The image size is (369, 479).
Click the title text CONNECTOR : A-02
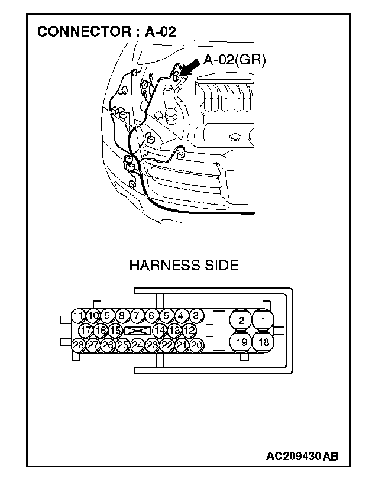[x=106, y=31]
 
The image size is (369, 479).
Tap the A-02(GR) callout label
[x=234, y=60]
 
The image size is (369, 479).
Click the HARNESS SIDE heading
[x=183, y=265]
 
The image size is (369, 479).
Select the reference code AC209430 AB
[x=302, y=456]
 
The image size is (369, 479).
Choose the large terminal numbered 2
[x=241, y=320]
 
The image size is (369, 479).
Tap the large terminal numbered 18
[x=264, y=342]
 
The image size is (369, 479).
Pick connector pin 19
[x=241, y=342]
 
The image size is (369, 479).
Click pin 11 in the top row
[x=78, y=315]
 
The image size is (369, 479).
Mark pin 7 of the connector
[x=137, y=315]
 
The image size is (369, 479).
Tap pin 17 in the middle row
[x=86, y=330]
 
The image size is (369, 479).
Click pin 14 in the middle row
[x=160, y=330]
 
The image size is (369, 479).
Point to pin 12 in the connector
[x=189, y=330]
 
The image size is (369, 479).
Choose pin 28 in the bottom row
[x=78, y=345]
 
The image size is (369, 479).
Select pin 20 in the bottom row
[x=197, y=345]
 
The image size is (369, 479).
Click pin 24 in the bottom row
[x=137, y=345]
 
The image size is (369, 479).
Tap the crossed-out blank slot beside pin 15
[x=137, y=330]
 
